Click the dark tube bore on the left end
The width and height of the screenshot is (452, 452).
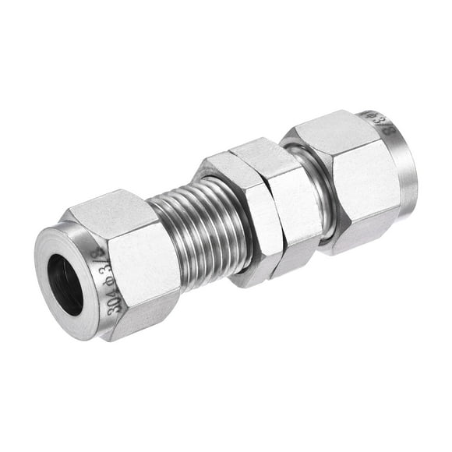coord(65,284)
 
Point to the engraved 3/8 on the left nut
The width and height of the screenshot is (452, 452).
coord(97,261)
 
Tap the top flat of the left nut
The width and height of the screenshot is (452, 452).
coord(109,209)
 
